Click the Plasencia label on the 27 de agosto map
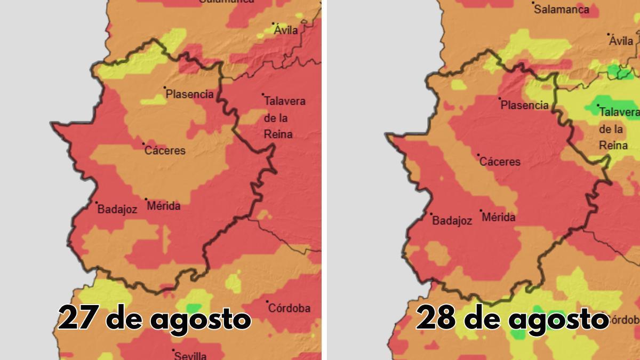tap(190, 94)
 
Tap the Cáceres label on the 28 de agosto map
tap(500, 162)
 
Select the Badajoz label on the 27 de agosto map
tap(117, 210)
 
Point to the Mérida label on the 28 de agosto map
tap(499, 218)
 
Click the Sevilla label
tap(190, 355)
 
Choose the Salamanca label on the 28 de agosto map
tap(562, 10)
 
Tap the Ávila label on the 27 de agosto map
tap(286, 30)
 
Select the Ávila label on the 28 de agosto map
tap(621, 41)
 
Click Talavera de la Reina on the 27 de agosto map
tap(285, 117)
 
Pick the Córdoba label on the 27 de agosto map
tap(289, 308)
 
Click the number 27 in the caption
tap(76, 319)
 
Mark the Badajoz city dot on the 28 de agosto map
tap(431, 214)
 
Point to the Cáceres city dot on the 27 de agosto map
tap(143, 143)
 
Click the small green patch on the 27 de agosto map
tap(194, 308)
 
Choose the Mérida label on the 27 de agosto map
tap(164, 206)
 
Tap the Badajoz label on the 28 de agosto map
tap(452, 221)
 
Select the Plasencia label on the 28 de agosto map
tap(525, 106)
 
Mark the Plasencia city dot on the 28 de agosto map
tap(500, 99)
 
